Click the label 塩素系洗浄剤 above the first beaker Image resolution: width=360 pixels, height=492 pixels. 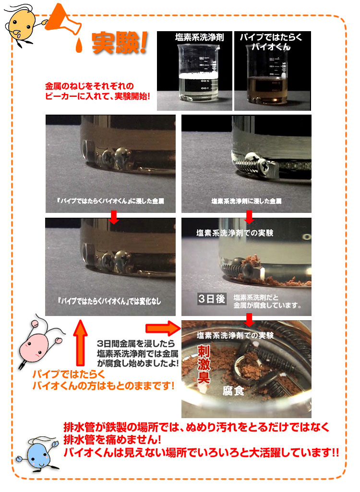click(200, 38)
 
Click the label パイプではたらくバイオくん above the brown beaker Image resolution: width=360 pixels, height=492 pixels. click(271, 42)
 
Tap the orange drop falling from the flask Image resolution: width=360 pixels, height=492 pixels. click(79, 46)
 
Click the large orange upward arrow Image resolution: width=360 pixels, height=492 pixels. click(81, 343)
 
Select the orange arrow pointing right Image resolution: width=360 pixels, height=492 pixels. click(163, 328)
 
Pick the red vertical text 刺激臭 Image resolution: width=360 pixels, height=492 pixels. click(204, 364)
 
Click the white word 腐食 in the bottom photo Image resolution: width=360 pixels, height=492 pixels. click(233, 391)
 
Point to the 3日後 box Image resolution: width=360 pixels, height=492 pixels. click(212, 299)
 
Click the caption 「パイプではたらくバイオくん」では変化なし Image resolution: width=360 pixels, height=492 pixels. click(109, 301)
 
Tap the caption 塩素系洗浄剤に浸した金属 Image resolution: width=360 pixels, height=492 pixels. click(246, 201)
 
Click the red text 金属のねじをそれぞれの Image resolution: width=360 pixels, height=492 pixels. click(90, 86)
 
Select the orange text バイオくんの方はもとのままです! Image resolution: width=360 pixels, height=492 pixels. click(103, 386)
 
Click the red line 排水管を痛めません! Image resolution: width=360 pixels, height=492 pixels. click(112, 439)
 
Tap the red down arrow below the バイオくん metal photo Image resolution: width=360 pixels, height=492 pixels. click(114, 217)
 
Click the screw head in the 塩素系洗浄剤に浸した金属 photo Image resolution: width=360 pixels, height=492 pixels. click(262, 163)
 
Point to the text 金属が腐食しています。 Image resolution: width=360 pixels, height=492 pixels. click(267, 305)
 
